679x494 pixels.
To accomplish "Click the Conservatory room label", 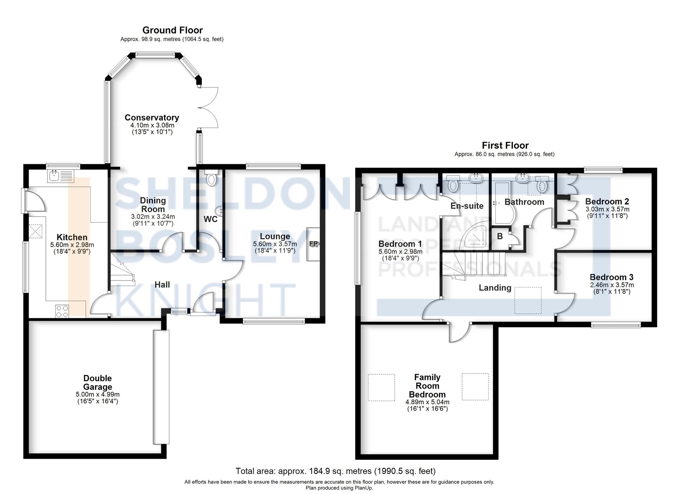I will click(x=152, y=117).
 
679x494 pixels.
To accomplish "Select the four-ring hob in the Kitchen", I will click(x=62, y=311).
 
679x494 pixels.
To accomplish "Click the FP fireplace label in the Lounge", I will click(x=313, y=244).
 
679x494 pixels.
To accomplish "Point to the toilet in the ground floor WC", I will click(x=211, y=179).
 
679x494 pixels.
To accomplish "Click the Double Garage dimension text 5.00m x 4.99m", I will click(x=97, y=395).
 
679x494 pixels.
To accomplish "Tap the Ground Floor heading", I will click(x=172, y=30).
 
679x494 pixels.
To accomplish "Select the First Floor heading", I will click(x=505, y=146).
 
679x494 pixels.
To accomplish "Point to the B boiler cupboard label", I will click(x=500, y=236).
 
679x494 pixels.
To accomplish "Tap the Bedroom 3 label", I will click(x=611, y=277).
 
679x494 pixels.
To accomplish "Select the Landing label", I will click(x=495, y=288).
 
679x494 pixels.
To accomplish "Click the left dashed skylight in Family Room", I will click(x=382, y=387).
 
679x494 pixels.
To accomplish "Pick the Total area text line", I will click(x=335, y=471).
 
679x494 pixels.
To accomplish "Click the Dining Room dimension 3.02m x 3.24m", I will click(x=153, y=217).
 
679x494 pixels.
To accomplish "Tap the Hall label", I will click(x=162, y=285).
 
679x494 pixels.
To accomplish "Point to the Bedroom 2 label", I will click(x=607, y=202).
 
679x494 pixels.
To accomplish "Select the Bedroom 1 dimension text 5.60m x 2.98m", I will click(x=400, y=252).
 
